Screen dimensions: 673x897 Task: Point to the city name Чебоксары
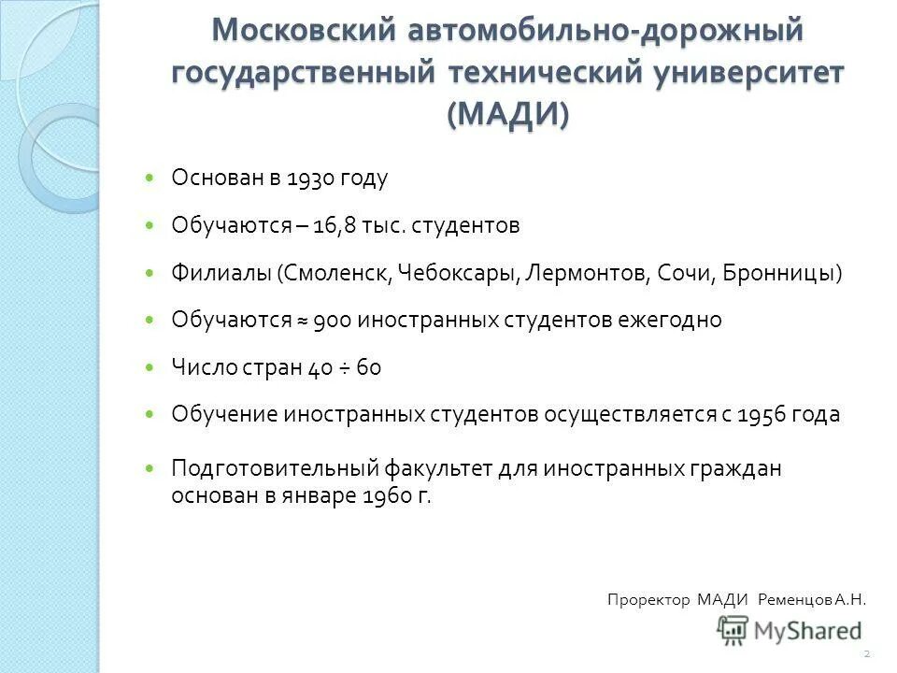458,273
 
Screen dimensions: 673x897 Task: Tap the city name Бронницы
783,273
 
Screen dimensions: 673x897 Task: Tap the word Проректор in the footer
648,600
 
